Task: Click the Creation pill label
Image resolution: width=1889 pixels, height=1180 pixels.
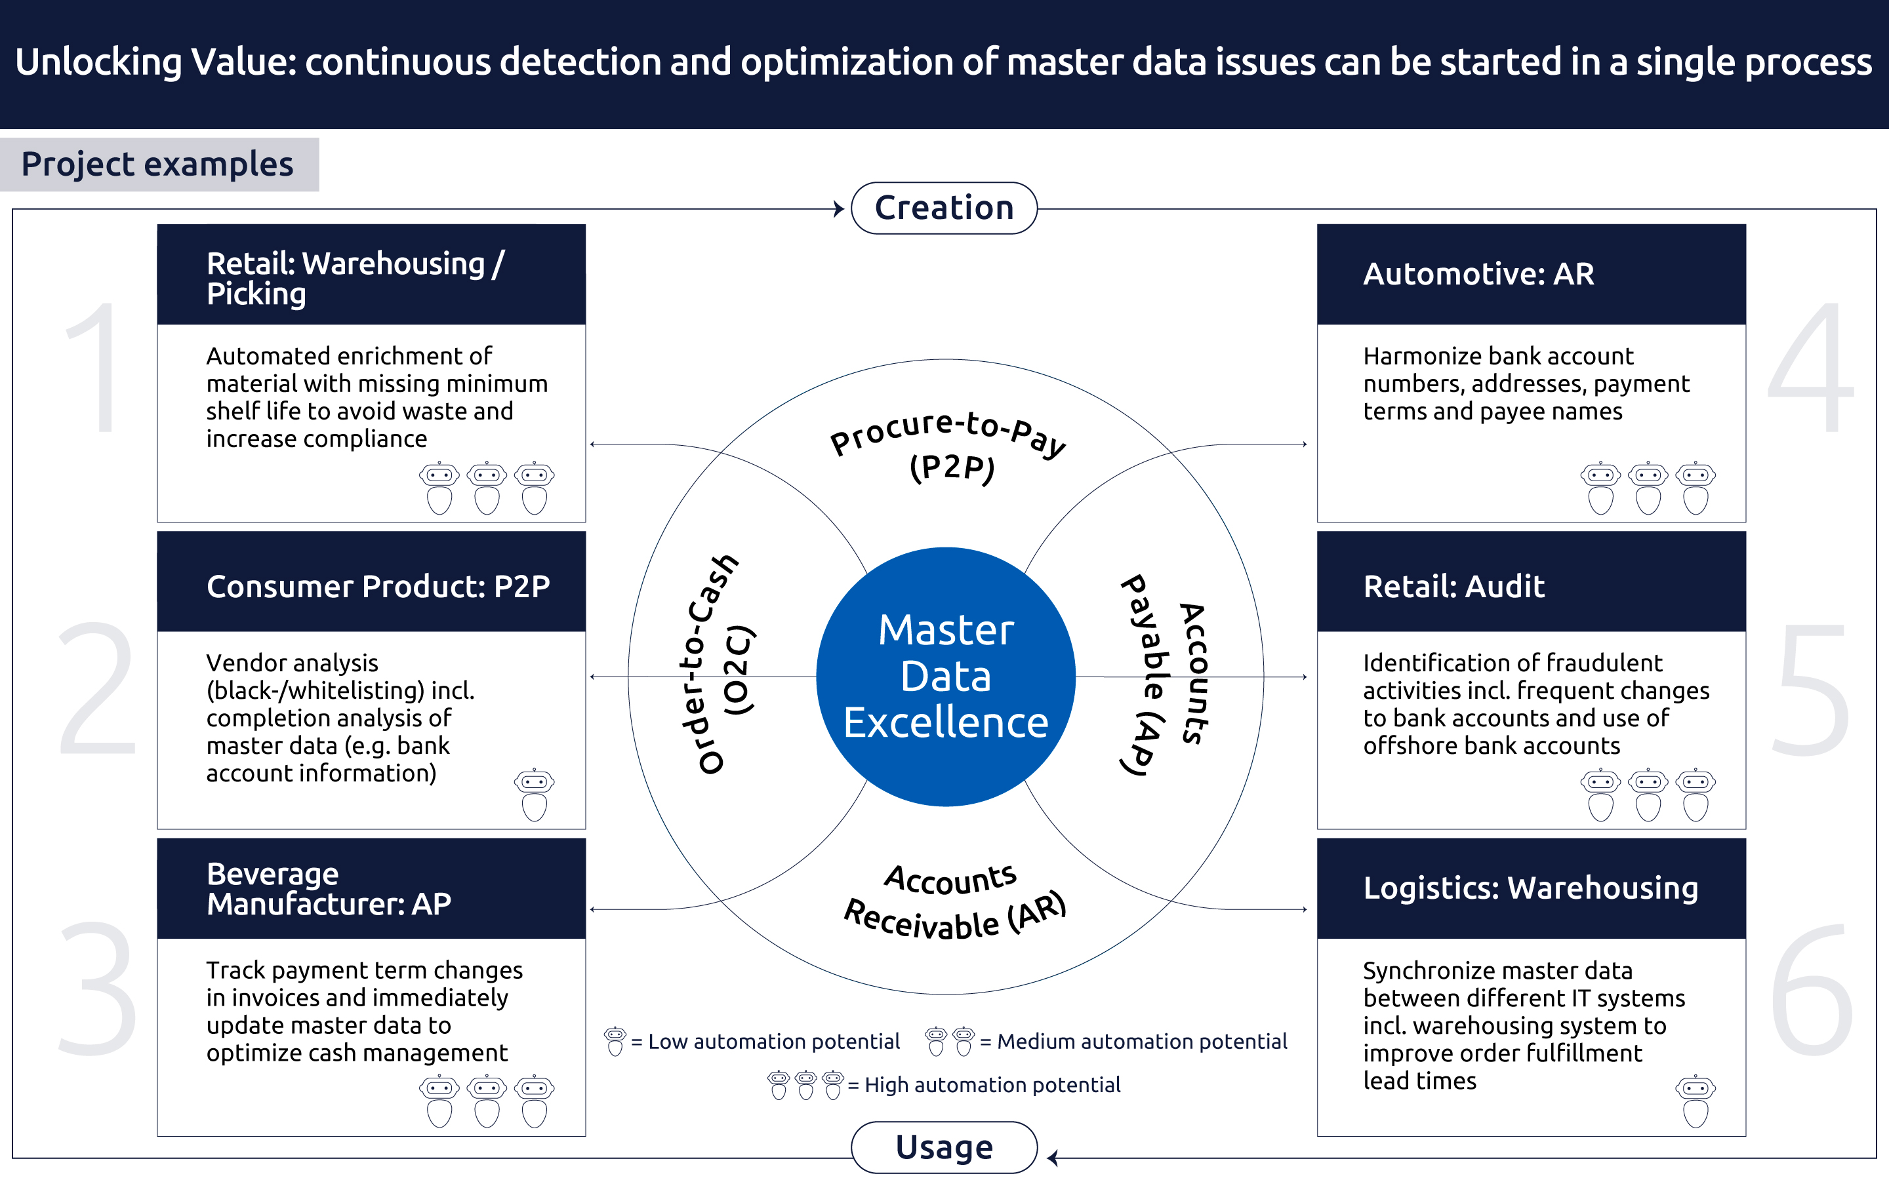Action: point(944,208)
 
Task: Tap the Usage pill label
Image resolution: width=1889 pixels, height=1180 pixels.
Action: point(944,1147)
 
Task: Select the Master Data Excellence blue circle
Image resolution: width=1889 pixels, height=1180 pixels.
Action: point(945,676)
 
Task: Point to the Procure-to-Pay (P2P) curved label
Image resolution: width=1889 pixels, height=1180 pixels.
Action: point(948,445)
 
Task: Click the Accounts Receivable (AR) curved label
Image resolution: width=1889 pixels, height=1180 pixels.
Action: point(954,901)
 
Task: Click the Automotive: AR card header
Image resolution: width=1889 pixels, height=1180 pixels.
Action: point(1530,274)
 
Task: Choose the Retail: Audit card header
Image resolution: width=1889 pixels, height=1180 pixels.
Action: point(1530,585)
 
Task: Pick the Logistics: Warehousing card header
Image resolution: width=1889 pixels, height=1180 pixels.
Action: point(1530,888)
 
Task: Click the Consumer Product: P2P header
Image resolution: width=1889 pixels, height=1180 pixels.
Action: point(371,585)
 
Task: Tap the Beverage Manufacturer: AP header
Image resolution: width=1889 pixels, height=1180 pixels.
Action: point(371,888)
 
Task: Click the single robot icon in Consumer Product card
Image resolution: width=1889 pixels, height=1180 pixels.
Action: point(534,795)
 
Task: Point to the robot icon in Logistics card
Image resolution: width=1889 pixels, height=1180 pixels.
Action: point(1696,1101)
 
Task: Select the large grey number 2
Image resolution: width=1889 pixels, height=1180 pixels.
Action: point(98,687)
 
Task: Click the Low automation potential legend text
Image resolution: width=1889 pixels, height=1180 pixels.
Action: point(773,1041)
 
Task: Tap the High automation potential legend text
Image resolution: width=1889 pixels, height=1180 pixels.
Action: point(991,1085)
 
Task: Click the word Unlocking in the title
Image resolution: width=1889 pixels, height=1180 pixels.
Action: point(98,62)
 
